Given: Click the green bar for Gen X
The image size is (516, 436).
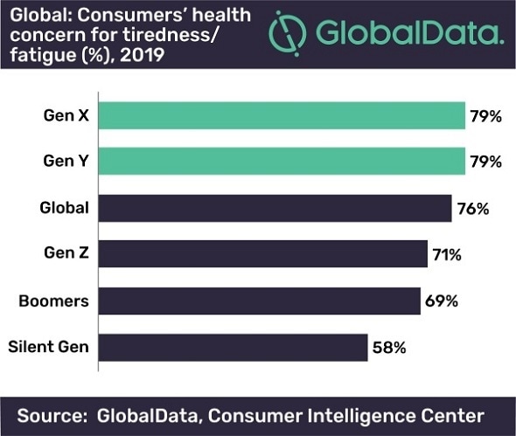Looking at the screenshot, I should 280,115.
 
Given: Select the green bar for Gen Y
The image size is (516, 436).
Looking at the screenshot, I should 280,162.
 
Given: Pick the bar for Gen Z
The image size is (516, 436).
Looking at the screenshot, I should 262,254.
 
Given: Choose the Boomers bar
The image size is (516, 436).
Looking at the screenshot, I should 259,301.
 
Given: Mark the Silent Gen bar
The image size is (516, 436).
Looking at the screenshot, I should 233,347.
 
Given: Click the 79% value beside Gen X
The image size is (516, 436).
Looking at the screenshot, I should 485,115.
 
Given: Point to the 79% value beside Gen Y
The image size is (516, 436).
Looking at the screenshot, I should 485,162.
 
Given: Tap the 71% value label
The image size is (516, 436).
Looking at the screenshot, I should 445,254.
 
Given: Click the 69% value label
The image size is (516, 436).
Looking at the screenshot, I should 440,301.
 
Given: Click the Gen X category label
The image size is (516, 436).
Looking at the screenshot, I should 68,115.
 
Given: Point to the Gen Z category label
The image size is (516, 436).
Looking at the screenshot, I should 68,254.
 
